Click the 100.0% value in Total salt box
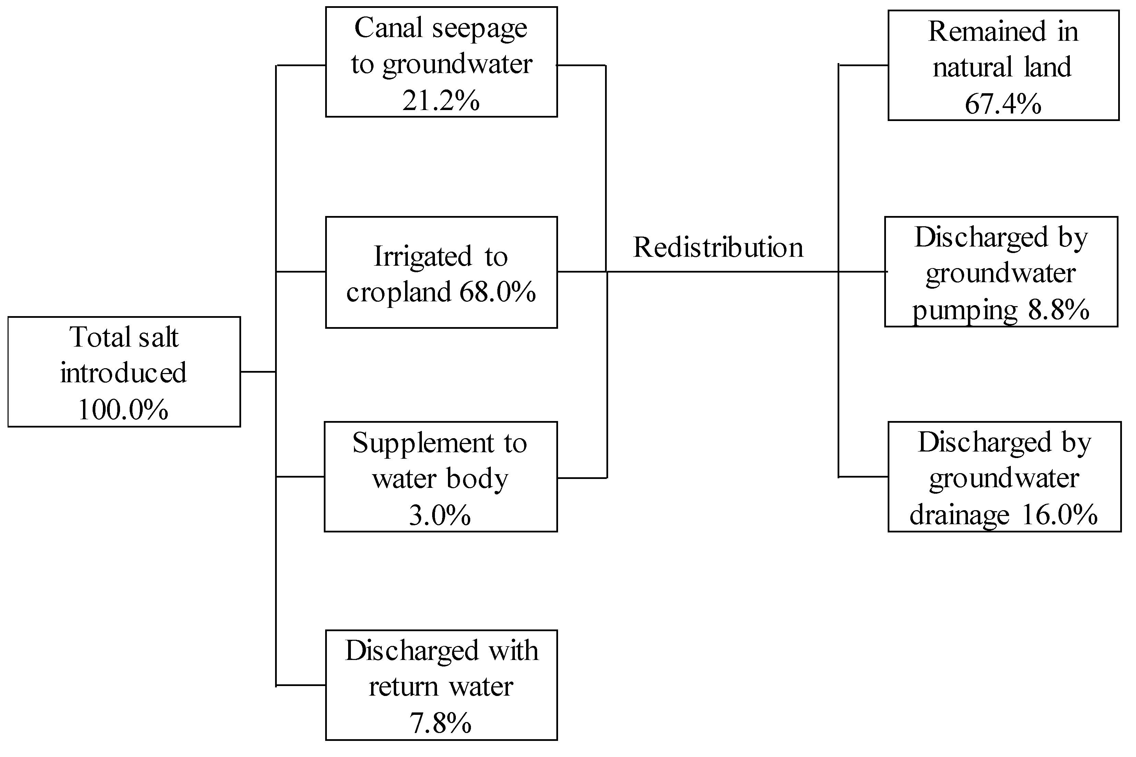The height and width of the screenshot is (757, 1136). click(x=123, y=410)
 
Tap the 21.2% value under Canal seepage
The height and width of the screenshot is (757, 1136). click(x=441, y=101)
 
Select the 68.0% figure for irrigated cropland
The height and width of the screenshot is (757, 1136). click(x=497, y=292)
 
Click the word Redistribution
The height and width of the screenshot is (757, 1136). click(x=718, y=248)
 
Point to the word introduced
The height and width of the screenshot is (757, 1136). click(x=123, y=373)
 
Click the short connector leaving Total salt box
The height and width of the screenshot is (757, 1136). click(x=258, y=372)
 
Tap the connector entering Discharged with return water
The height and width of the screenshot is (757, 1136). click(x=300, y=685)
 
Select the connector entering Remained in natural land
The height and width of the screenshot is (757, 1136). click(x=863, y=65)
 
